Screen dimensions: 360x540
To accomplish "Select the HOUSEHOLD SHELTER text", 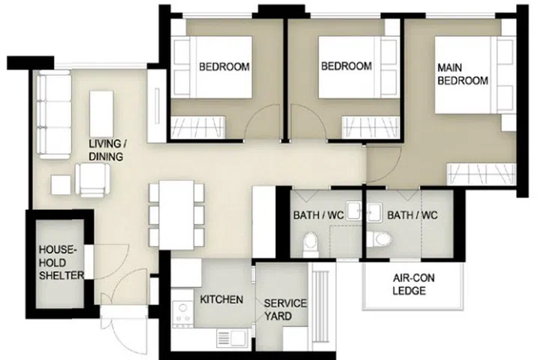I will [57, 262].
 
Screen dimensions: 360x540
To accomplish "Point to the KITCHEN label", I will [220, 300].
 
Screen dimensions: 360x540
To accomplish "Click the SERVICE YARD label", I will [285, 310].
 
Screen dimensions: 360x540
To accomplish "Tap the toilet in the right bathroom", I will [382, 241].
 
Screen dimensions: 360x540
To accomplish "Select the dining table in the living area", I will [177, 214].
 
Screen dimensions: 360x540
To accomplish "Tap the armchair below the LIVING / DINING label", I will [93, 180].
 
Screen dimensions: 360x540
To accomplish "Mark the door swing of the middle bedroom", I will [307, 124].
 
